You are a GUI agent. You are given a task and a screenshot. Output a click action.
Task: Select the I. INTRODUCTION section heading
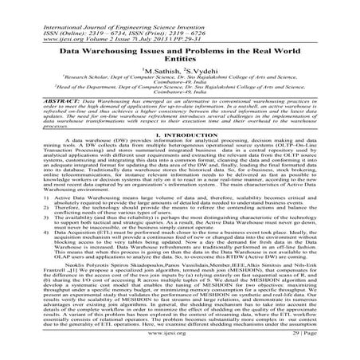tap(179, 156)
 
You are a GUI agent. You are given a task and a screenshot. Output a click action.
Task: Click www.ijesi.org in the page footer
tap(179, 348)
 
